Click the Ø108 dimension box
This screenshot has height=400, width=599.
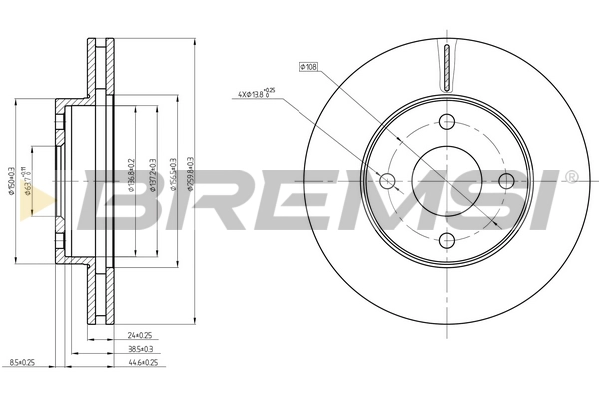307,66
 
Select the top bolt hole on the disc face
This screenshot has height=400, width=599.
446,122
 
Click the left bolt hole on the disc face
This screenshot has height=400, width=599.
387,181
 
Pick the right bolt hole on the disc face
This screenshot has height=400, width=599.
506,181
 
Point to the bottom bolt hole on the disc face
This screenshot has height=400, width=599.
446,240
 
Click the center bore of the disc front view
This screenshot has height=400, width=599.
446,181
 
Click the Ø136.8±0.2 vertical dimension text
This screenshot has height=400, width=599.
131,180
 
